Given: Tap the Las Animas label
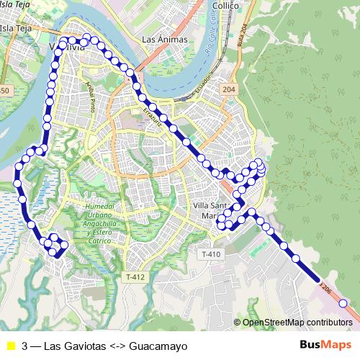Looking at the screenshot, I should click(x=165, y=39).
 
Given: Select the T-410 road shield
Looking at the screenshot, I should click(x=211, y=254).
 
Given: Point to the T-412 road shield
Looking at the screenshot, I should click(x=135, y=277).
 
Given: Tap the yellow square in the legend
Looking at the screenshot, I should click(x=10, y=346).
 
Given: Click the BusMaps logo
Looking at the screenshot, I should click(x=325, y=346).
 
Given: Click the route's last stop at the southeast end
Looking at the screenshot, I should click(x=343, y=303).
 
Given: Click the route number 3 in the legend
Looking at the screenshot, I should click(x=25, y=346).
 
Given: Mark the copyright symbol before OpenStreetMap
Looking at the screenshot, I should click(x=238, y=323).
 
